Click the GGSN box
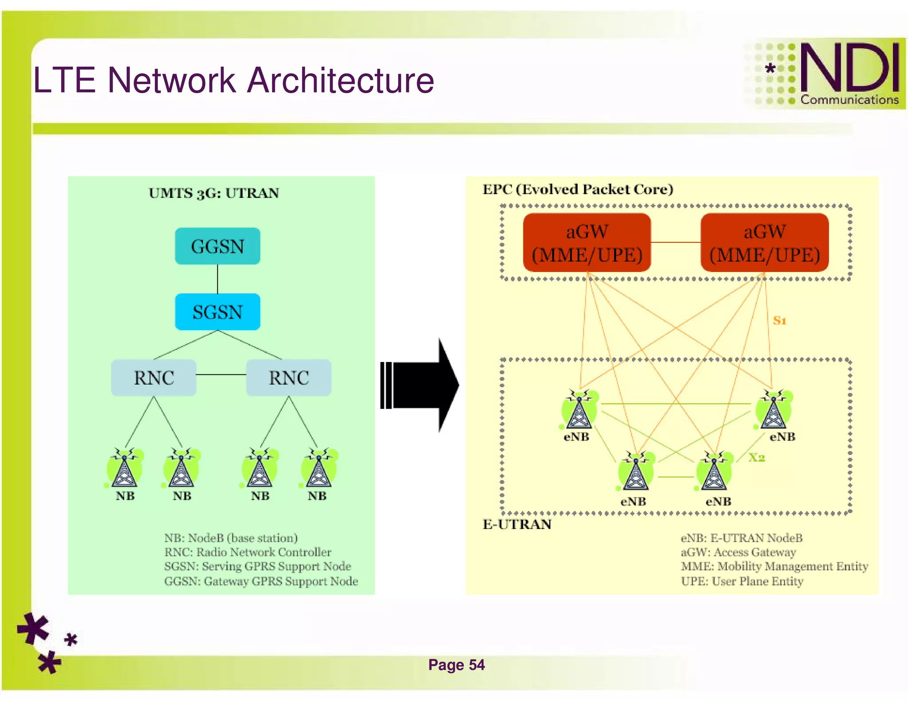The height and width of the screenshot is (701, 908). (217, 246)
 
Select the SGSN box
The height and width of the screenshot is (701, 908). (217, 312)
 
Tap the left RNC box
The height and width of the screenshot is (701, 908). (153, 378)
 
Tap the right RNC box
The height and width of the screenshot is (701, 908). (289, 378)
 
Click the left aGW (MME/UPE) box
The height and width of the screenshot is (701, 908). (587, 243)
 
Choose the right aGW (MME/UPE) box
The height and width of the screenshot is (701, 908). (764, 243)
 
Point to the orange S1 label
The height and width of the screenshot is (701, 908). (779, 320)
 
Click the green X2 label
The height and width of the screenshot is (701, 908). (756, 458)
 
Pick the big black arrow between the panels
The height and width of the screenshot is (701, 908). (421, 385)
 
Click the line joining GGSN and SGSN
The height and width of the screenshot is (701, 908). (217, 279)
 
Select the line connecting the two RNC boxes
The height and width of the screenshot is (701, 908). (221, 375)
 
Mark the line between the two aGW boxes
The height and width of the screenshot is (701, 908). (675, 242)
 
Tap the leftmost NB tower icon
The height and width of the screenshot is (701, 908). (125, 469)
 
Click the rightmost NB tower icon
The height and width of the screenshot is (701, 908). (318, 469)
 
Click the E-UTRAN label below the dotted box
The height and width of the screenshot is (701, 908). (517, 525)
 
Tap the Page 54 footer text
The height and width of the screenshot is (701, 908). (456, 665)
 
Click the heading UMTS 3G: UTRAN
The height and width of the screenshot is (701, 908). (214, 193)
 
